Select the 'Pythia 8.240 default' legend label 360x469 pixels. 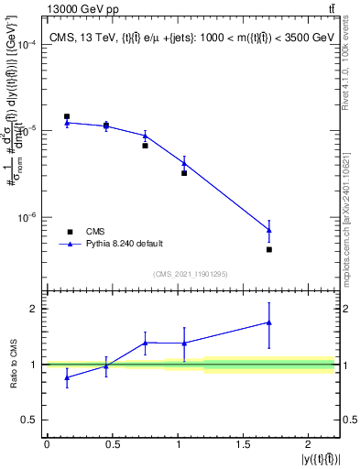(125, 244)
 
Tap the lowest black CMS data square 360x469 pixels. (269, 249)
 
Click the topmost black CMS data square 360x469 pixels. (67, 116)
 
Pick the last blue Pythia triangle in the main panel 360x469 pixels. (269, 229)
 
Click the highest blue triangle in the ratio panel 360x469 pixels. (269, 322)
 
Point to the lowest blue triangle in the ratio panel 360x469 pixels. (67, 377)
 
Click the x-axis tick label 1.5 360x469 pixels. (245, 444)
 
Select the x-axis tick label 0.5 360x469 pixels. (113, 444)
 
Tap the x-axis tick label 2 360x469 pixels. (311, 444)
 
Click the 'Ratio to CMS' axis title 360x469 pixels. (11, 365)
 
